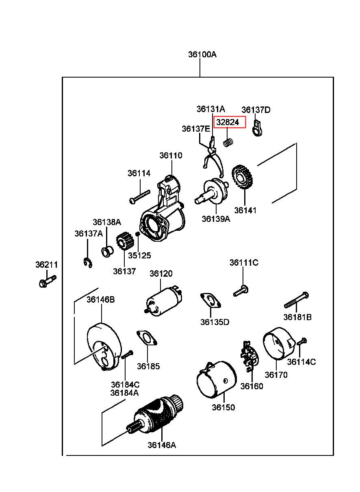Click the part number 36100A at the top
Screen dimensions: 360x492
202,54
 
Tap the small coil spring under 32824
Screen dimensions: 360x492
228,143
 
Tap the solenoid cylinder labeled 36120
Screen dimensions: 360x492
164,300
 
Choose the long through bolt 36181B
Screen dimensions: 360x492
296,300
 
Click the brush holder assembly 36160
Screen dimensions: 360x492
250,356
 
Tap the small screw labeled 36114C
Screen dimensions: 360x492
301,342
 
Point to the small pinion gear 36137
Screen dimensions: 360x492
125,241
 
